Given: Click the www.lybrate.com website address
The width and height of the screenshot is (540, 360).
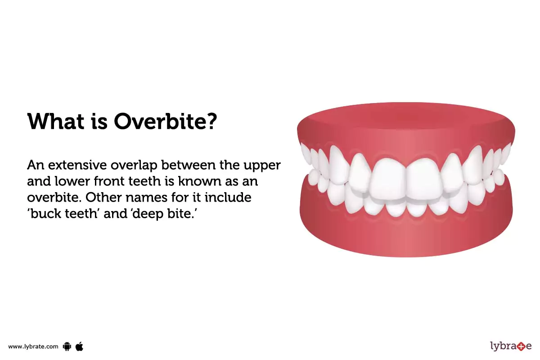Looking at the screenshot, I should (33, 346).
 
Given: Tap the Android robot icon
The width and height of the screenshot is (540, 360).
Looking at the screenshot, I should (67, 346).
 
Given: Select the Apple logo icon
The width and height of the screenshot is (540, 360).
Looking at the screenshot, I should (80, 346).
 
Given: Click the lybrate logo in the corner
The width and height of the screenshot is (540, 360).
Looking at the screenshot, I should (510, 346).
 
